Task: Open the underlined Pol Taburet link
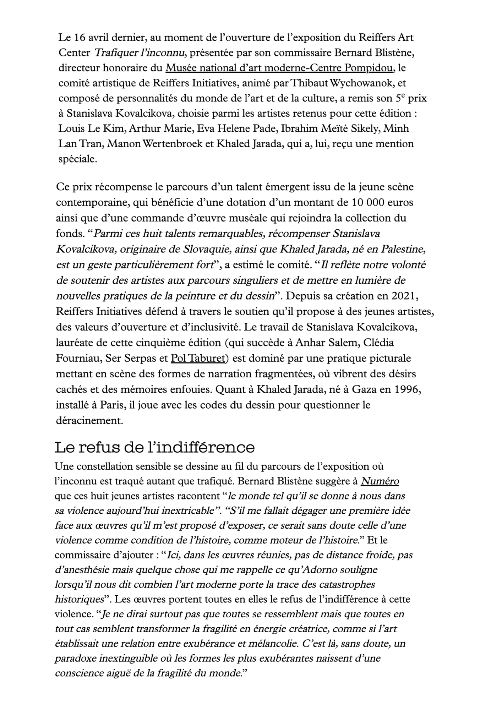click(198, 358)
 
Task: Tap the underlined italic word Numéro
click(380, 481)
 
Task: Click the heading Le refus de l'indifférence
click(155, 447)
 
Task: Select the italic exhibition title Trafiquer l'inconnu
click(140, 53)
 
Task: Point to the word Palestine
click(403, 249)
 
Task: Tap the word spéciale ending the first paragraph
click(77, 159)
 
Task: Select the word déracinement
click(89, 421)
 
